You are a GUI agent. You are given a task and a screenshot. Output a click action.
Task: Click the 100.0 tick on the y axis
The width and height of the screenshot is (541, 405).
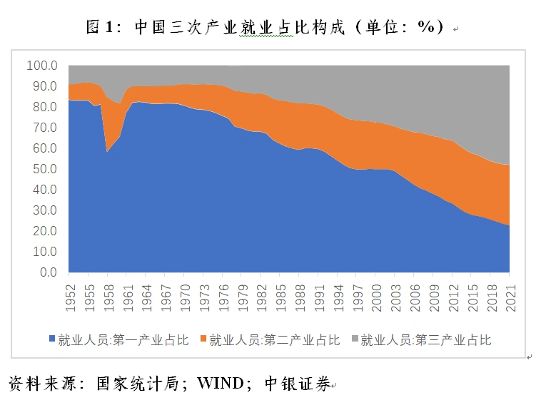click(x=41, y=66)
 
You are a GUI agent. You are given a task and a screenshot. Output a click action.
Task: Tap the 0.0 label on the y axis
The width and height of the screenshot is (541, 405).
click(x=47, y=272)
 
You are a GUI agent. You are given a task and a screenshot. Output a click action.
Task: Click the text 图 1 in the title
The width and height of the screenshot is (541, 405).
click(x=100, y=27)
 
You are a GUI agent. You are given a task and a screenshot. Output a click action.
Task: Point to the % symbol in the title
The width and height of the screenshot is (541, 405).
click(x=427, y=27)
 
